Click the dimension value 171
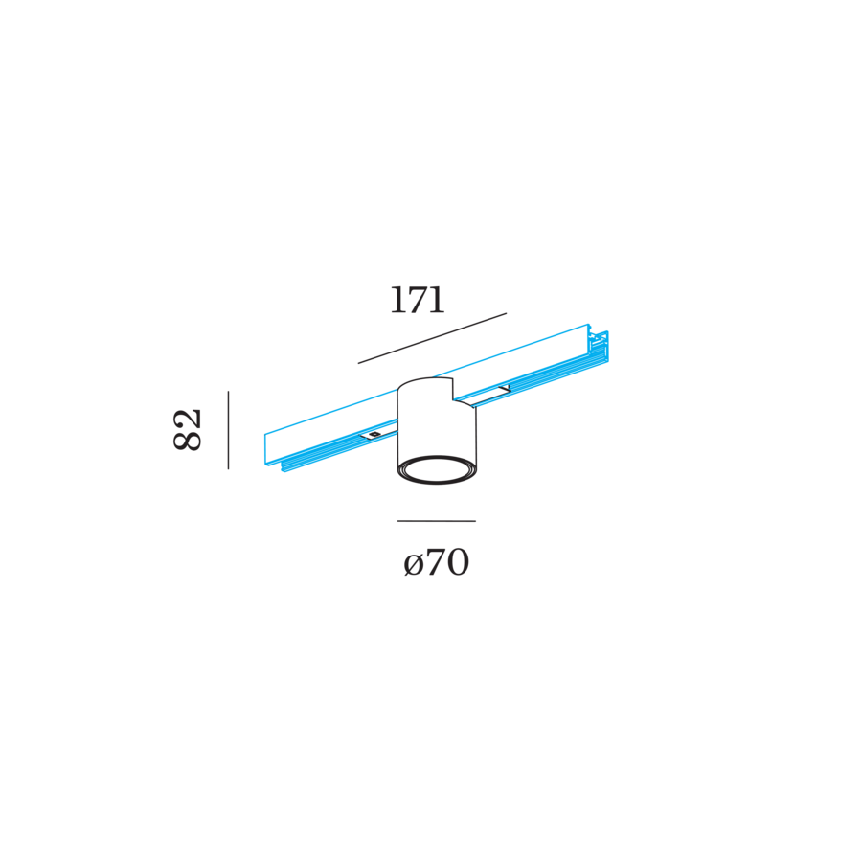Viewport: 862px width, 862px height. point(417,301)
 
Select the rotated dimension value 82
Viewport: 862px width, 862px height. point(189,429)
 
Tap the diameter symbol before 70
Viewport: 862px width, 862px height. point(413,564)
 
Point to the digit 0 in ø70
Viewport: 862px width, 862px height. point(457,563)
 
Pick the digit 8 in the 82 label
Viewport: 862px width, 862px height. point(189,440)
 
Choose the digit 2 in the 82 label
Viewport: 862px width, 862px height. point(189,418)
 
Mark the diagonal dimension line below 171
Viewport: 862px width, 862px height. point(432,338)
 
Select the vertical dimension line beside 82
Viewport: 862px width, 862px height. point(228,429)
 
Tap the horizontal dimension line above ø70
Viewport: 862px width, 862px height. point(437,521)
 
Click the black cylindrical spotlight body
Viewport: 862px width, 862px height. point(436,431)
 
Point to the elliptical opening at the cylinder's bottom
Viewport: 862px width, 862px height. point(437,469)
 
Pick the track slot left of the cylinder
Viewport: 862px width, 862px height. point(376,436)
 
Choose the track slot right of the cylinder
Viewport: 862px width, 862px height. point(492,394)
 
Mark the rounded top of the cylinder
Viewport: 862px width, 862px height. point(425,384)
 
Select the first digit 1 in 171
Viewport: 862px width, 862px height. point(397,301)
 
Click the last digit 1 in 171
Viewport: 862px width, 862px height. point(438,301)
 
